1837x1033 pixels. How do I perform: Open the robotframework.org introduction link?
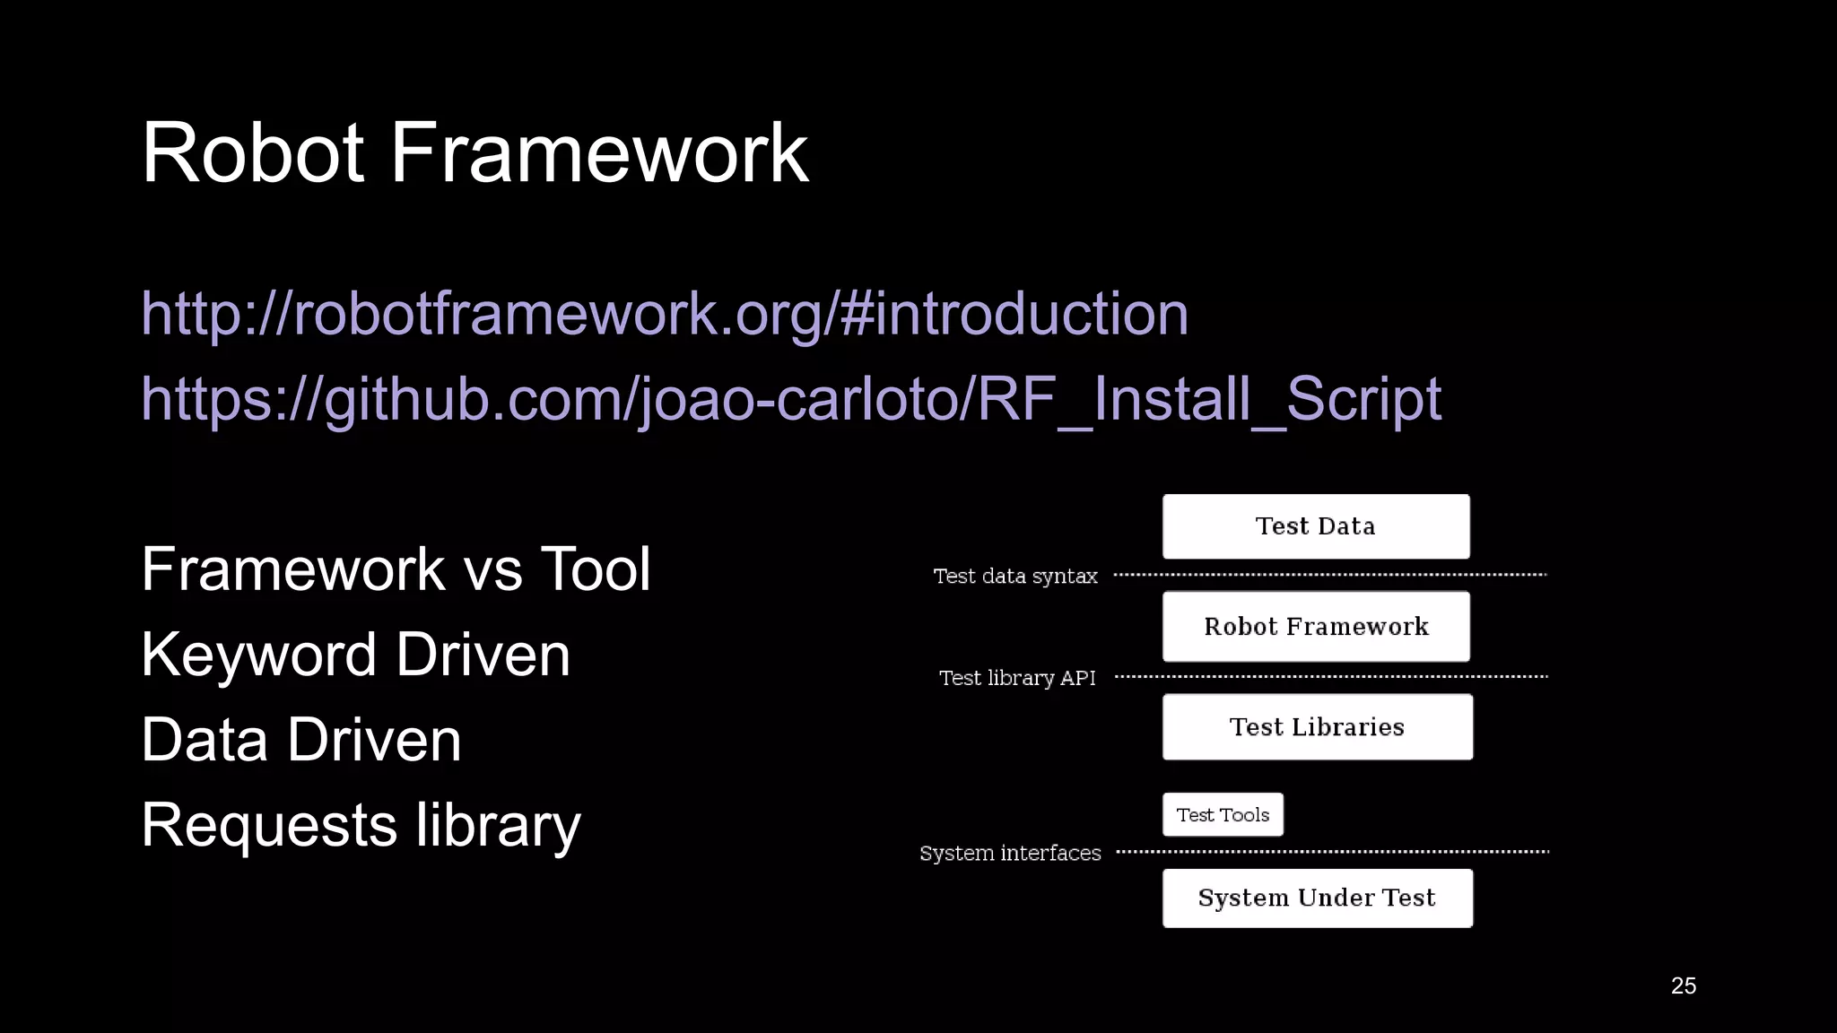665,314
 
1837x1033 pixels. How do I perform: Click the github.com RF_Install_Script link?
790,398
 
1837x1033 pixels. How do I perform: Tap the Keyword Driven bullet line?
355,654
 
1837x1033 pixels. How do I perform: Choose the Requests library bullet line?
361,824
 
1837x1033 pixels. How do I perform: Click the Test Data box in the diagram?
1316,526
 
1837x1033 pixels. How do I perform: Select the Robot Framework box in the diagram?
1316,626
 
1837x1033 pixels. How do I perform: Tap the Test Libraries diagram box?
1317,726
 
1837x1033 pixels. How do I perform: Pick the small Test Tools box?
1223,814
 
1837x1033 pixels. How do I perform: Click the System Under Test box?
1317,898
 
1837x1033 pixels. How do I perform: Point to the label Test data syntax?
1015,576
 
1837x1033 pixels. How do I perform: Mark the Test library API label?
1017,678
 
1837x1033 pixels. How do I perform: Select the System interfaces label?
1010,853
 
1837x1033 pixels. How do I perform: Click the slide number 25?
1683,985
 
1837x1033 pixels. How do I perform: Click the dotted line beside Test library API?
1331,677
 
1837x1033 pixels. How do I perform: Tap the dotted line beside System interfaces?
1331,851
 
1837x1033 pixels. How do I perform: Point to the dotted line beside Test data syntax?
1331,575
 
